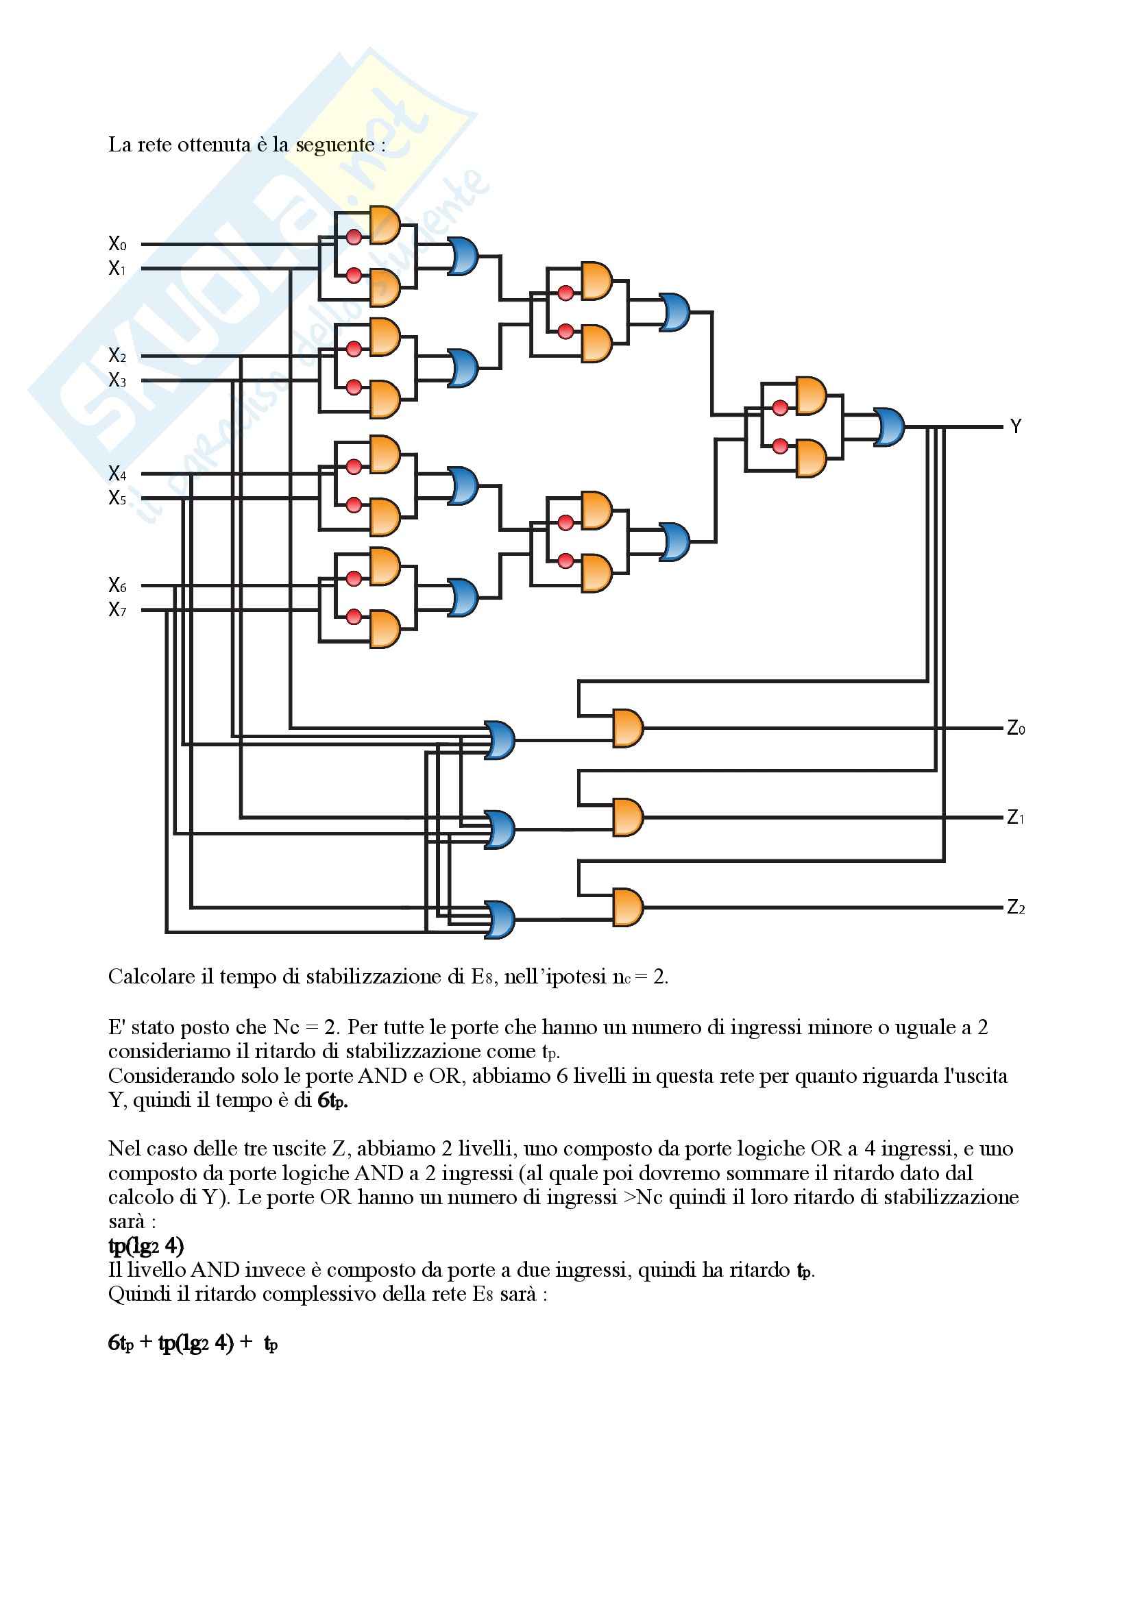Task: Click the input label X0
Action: pos(117,244)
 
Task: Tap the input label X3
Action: pos(117,380)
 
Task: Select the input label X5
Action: pos(117,498)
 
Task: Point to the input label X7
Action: pos(117,609)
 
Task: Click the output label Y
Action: pos(1016,426)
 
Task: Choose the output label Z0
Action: pos(1016,729)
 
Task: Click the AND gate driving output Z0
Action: pos(628,729)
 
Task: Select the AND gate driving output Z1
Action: pos(628,818)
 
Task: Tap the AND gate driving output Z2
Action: pos(628,907)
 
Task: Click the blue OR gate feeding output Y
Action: pos(889,426)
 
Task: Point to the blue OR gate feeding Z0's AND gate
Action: pos(500,740)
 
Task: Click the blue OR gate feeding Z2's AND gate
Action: pos(500,920)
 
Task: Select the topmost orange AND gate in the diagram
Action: pos(385,225)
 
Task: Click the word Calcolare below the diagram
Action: pos(151,976)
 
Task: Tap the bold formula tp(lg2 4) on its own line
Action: pos(146,1245)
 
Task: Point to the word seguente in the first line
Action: pos(335,145)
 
